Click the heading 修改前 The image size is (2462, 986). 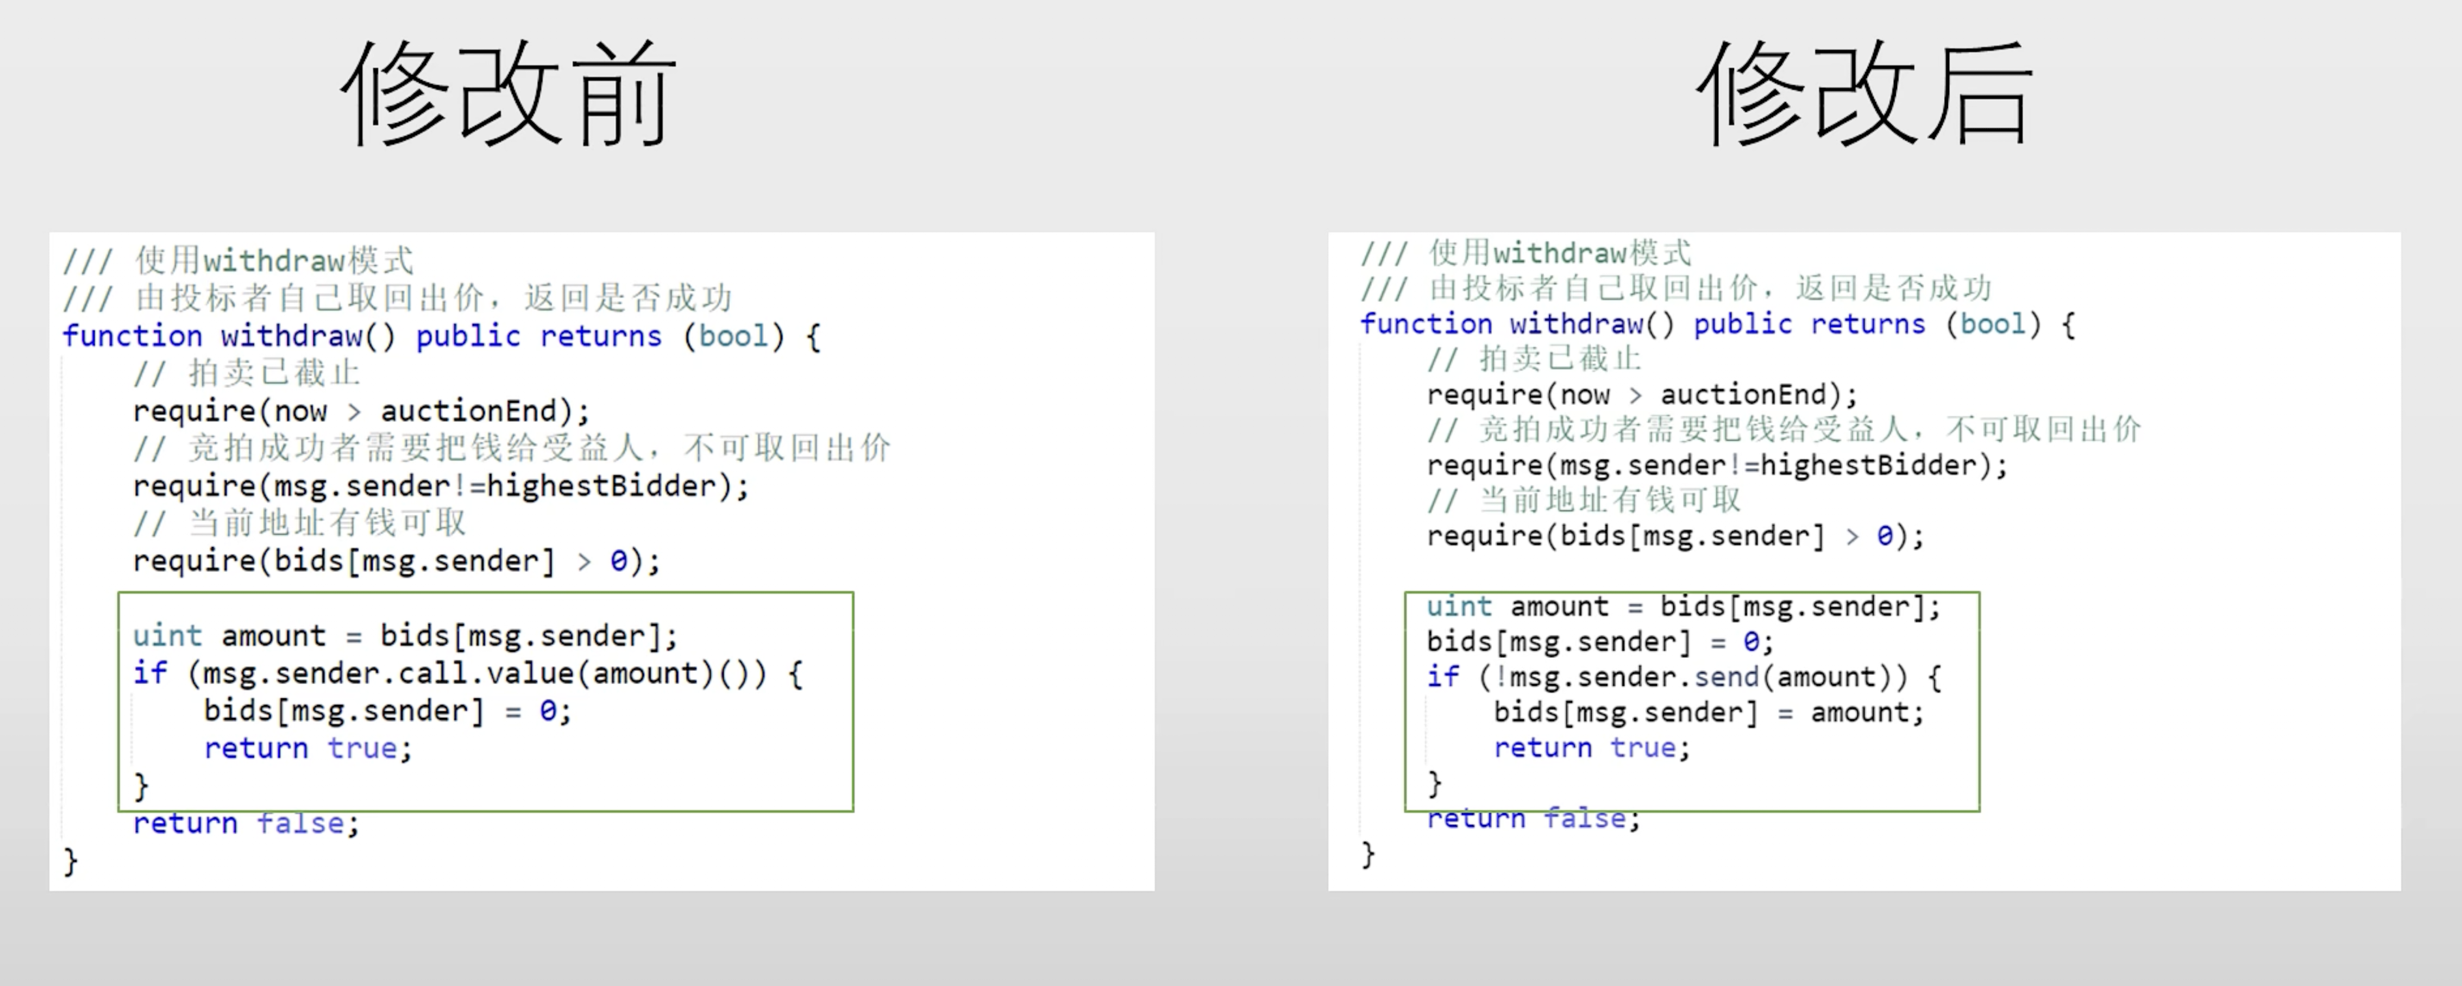click(x=508, y=94)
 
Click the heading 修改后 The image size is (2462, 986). click(x=1864, y=94)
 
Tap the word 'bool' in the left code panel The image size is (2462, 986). click(x=733, y=336)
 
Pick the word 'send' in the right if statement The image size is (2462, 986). click(x=1726, y=678)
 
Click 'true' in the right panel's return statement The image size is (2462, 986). click(x=1643, y=747)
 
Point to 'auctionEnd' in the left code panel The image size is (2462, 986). click(x=468, y=411)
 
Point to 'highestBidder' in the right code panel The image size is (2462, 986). click(x=1868, y=466)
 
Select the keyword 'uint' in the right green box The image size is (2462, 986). click(x=1459, y=606)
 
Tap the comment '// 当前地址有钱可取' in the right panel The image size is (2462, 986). click(x=1583, y=500)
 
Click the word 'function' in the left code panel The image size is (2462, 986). click(x=132, y=336)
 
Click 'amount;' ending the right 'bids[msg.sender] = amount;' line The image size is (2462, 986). click(x=1866, y=713)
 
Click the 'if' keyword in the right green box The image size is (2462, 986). click(x=1442, y=678)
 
